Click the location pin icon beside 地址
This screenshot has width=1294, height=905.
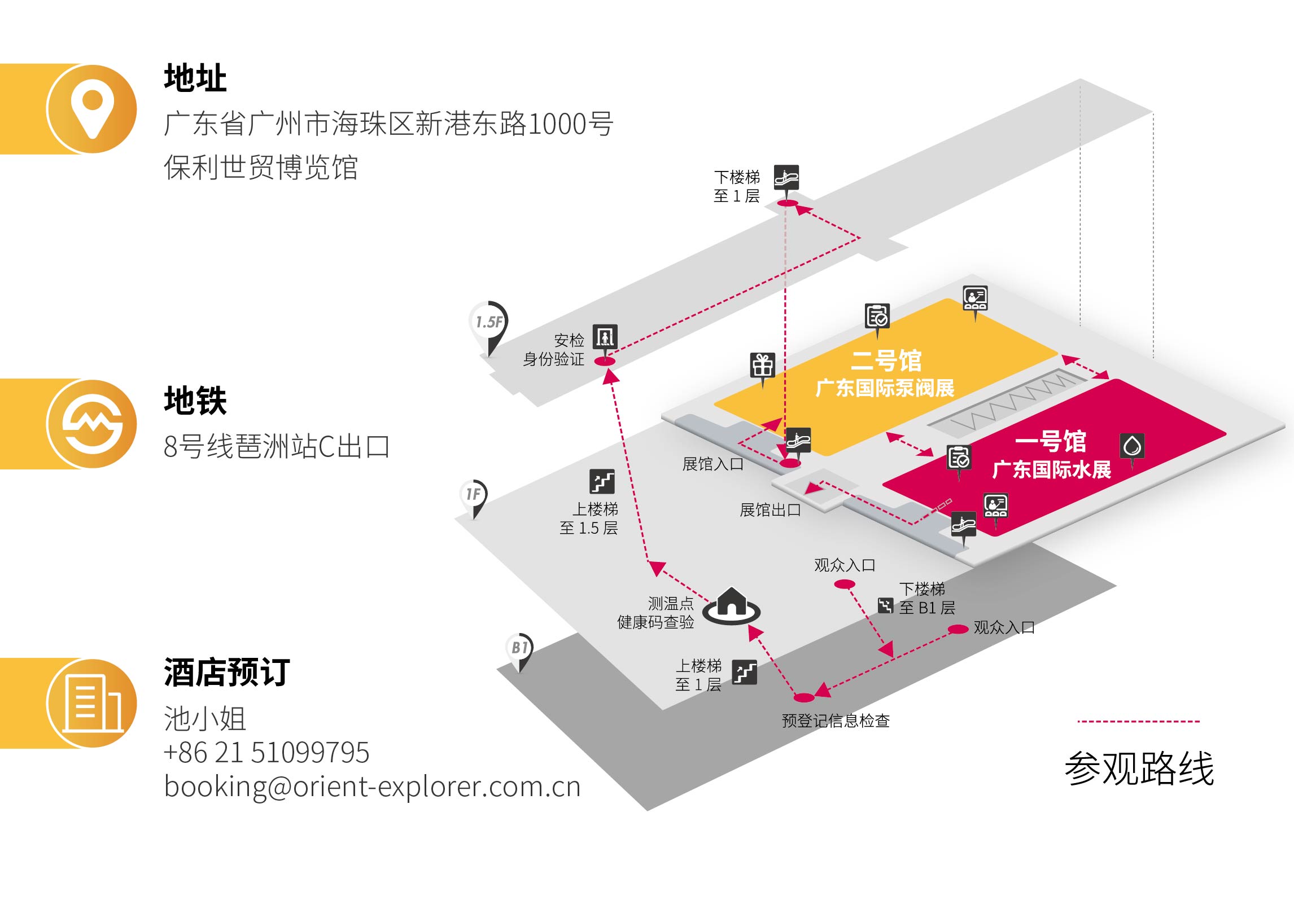(x=92, y=109)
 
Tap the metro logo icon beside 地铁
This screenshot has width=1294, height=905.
(x=92, y=424)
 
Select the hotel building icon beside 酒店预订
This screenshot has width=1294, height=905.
(x=92, y=703)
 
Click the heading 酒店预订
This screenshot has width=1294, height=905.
(x=227, y=673)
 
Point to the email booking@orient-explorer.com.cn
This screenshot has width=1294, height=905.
(x=372, y=787)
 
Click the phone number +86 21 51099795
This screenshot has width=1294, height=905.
(x=266, y=753)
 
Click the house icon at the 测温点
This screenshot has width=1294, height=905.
(x=732, y=605)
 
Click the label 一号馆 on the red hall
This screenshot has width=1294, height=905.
(x=1050, y=442)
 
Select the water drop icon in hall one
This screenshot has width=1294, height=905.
(x=1132, y=446)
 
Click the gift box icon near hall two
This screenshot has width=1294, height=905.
(x=763, y=365)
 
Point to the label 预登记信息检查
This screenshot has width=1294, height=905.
(x=836, y=721)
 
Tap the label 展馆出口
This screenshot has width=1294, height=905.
(x=770, y=511)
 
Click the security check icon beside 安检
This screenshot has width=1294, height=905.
(x=605, y=337)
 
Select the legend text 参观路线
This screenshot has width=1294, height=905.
(x=1139, y=768)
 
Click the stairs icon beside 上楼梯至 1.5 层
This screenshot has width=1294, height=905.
(x=602, y=482)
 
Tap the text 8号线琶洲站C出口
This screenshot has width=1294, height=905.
(x=277, y=447)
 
